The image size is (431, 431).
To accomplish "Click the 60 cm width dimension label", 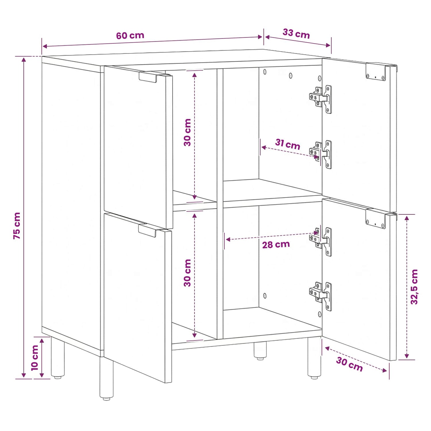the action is click(x=130, y=36).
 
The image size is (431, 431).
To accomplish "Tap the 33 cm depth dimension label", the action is click(x=296, y=34).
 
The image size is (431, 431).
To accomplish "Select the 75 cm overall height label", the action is click(x=17, y=226).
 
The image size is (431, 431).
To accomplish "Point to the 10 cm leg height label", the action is click(x=34, y=358).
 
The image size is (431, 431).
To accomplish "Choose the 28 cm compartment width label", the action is click(x=276, y=245).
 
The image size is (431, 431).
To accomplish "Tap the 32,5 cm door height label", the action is click(x=414, y=287).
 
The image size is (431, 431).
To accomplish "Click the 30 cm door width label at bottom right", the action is click(x=349, y=364).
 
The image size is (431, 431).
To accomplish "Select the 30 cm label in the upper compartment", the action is click(x=187, y=132).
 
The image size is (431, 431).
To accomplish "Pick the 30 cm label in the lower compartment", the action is click(x=187, y=273).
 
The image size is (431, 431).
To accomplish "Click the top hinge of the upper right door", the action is click(x=321, y=99).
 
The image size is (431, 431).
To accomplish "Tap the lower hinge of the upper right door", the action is click(x=321, y=154).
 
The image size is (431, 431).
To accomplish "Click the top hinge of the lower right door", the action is click(x=321, y=241).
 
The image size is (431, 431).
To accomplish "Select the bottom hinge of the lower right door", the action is click(x=321, y=296).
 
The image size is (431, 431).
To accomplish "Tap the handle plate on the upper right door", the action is click(x=376, y=72).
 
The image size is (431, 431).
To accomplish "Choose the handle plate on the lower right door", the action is click(x=376, y=219).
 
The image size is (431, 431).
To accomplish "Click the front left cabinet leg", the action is click(x=106, y=378).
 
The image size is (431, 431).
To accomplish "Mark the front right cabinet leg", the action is click(x=314, y=358).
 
